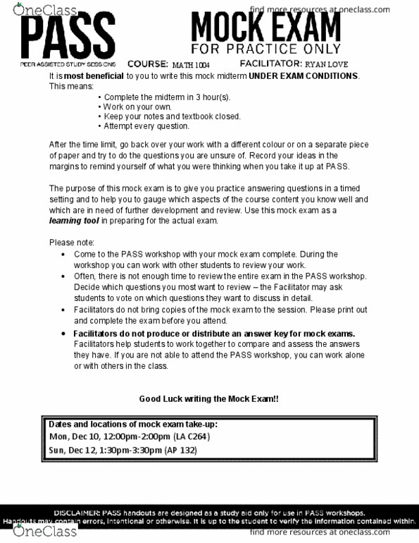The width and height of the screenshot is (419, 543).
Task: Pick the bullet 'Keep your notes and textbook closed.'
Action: point(172,116)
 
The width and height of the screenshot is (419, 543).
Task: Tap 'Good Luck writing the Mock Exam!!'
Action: point(208,398)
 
